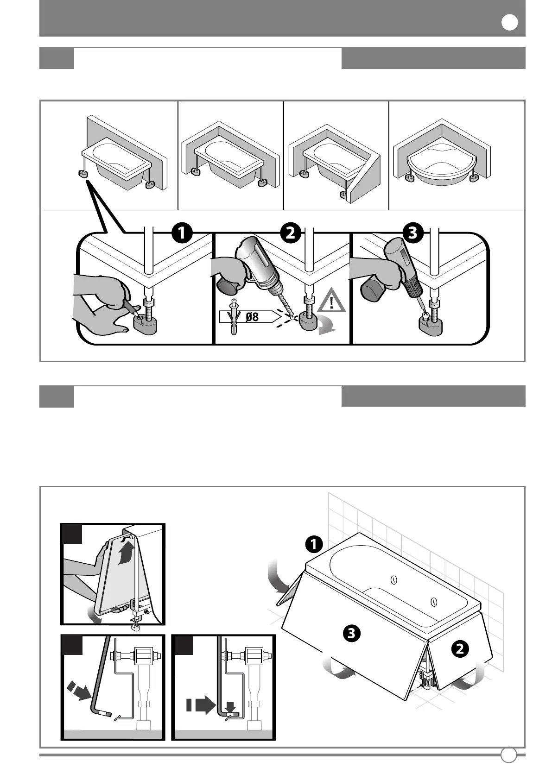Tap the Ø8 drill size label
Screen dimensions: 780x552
(252, 317)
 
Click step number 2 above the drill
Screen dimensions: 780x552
(290, 233)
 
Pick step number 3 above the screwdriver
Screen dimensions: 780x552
(413, 233)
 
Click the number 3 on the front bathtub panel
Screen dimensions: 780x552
(352, 632)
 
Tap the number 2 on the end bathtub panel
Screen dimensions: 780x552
(460, 649)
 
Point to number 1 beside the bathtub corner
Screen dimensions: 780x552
(314, 544)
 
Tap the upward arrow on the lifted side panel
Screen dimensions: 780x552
(127, 553)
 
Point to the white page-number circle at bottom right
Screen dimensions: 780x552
(509, 755)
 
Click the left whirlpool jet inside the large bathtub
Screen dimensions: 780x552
(394, 580)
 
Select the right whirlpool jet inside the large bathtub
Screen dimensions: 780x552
(433, 602)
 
